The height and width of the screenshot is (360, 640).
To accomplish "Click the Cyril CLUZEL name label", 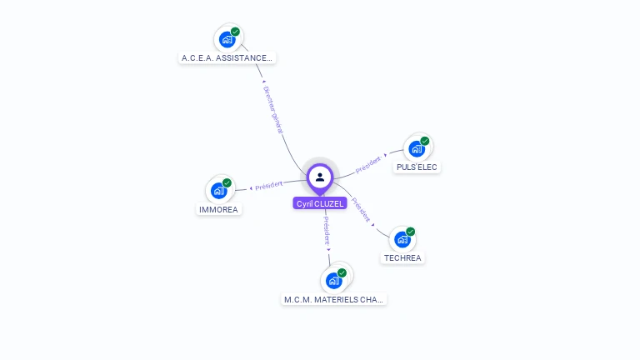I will point(320,203).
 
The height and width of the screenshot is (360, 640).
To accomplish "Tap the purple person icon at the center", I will point(320,177).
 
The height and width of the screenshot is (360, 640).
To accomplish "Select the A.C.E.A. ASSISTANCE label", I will point(227,58).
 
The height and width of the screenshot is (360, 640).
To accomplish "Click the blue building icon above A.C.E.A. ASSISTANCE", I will point(227,39).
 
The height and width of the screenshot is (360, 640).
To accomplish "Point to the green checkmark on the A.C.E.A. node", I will point(235,32).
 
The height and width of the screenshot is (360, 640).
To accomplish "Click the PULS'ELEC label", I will point(417,167).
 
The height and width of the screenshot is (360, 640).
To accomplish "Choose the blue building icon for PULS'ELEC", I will point(416,148).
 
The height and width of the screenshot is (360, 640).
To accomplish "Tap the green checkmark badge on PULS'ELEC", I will point(424,141).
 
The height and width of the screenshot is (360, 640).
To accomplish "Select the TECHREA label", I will point(403,258).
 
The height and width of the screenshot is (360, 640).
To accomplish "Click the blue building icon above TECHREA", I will point(402,239).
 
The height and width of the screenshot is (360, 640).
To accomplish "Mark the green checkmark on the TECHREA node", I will point(410,232).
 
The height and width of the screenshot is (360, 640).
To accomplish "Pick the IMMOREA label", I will point(218,210).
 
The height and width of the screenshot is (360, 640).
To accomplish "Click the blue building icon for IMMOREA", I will point(218,191).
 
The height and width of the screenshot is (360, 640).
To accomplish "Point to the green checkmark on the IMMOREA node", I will point(227,183).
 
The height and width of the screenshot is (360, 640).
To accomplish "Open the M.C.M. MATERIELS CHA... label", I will point(334,299).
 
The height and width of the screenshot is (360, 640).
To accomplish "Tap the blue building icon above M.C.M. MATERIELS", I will point(334,280).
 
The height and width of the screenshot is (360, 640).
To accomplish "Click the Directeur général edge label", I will point(272,109).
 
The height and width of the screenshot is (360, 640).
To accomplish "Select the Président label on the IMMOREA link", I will point(268,185).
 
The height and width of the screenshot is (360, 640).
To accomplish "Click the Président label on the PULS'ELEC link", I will point(368,164).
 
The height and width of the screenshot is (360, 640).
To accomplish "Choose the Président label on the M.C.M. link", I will point(327,231).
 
